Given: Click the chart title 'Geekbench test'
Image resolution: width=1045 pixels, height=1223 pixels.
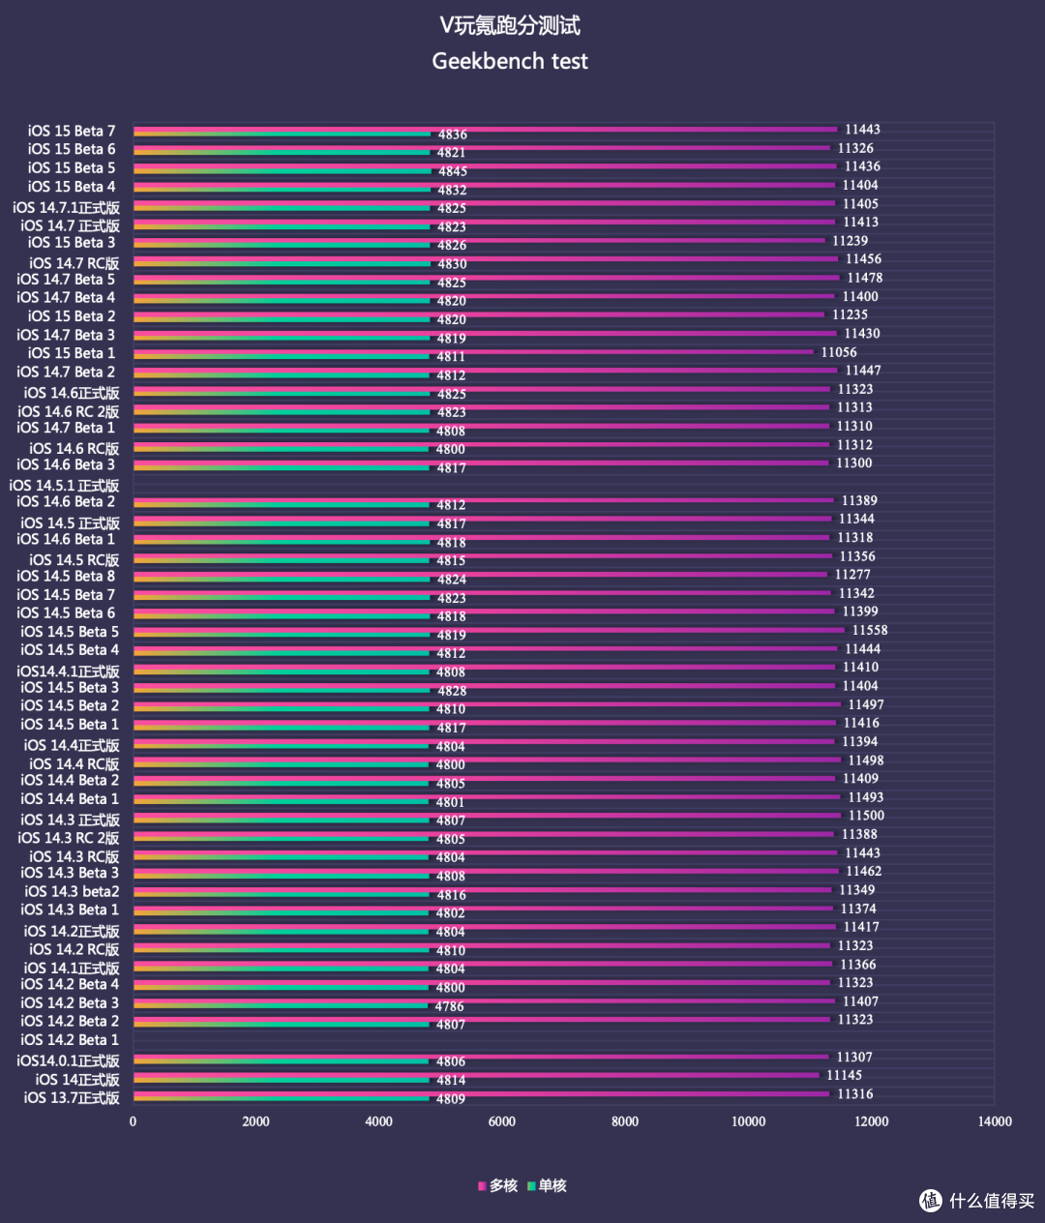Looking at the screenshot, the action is pyautogui.click(x=510, y=61).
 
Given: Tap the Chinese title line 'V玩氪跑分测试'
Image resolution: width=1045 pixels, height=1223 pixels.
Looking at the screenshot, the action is pyautogui.click(x=510, y=25).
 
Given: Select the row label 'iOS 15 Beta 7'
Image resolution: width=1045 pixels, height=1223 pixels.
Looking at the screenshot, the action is pyautogui.click(x=72, y=131).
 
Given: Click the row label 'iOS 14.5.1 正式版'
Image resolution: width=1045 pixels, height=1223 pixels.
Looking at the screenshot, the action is pyautogui.click(x=64, y=485).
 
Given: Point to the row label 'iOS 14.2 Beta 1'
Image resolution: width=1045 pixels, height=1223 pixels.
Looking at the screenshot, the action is pyautogui.click(x=70, y=1039).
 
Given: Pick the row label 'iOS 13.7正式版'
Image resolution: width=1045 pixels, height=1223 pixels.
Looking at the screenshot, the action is pyautogui.click(x=72, y=1097).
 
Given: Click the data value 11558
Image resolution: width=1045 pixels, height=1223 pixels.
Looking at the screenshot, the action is pyautogui.click(x=870, y=630).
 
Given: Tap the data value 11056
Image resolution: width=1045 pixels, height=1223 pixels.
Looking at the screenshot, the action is pyautogui.click(x=839, y=352).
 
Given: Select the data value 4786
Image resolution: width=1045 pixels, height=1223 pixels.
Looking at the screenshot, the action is pyautogui.click(x=449, y=1006).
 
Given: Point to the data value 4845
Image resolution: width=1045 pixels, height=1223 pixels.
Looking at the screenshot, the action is pyautogui.click(x=453, y=171).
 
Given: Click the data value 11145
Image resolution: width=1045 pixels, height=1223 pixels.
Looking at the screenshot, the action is pyautogui.click(x=845, y=1075).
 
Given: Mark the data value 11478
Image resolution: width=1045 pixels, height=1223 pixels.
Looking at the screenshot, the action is pyautogui.click(x=864, y=278).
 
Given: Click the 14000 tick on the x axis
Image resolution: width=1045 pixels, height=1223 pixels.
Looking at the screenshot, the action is pyautogui.click(x=995, y=1121).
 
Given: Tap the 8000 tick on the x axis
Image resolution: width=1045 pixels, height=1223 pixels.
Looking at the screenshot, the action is pyautogui.click(x=625, y=1121).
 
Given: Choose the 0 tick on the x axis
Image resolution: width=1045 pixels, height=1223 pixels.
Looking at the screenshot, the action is pyautogui.click(x=133, y=1121).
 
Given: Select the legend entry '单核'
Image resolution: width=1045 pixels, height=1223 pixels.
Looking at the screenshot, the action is pyautogui.click(x=548, y=1185).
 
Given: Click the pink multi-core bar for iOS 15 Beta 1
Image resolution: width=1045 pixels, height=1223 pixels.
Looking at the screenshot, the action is pyautogui.click(x=473, y=352).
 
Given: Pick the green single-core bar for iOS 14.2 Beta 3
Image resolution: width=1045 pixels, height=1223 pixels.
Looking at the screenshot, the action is pyautogui.click(x=281, y=1006).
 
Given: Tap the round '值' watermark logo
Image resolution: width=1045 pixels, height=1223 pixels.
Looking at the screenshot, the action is pyautogui.click(x=931, y=1200).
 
